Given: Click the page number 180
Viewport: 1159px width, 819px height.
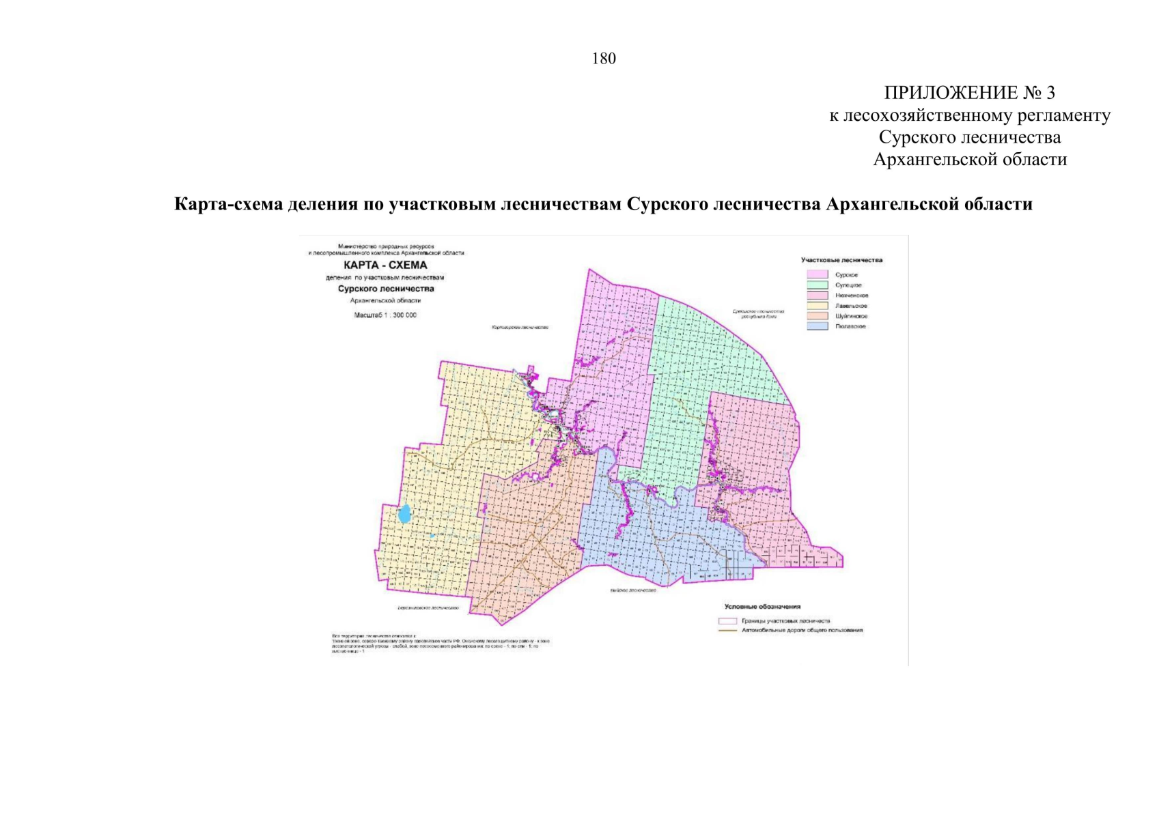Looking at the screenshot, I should [604, 59].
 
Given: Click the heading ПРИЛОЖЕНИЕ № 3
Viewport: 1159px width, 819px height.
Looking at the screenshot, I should [969, 93].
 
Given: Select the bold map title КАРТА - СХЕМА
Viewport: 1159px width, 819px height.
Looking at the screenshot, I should [385, 265].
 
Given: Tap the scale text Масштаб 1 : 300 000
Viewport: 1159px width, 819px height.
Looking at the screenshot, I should [385, 315].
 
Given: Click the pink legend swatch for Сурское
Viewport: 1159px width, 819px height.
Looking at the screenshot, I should [818, 274].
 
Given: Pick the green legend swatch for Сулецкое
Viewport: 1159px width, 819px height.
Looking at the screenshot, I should [818, 285].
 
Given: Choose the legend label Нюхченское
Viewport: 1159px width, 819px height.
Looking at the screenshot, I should [852, 296].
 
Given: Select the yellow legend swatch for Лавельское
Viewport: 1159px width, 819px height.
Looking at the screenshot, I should [818, 306].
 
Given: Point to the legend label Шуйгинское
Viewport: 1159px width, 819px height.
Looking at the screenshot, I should [852, 316].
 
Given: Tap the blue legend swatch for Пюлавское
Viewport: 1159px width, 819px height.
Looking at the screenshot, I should [818, 326].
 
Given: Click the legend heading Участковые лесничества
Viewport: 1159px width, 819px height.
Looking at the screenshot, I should [841, 260].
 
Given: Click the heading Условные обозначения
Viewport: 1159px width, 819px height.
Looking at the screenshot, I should [762, 607].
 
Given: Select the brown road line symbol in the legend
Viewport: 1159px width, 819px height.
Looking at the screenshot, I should [728, 631].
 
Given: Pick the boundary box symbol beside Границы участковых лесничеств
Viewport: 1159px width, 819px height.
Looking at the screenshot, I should [728, 621].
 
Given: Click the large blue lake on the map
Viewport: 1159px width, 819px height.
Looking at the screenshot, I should [405, 513].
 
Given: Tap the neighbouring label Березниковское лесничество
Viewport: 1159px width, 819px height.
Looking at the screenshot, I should [429, 607].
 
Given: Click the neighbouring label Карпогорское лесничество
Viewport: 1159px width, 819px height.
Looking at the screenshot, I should [520, 328].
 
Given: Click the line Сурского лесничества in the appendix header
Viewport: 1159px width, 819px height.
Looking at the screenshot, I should [969, 137].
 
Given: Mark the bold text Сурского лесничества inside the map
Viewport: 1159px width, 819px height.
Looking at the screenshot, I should [386, 289].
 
